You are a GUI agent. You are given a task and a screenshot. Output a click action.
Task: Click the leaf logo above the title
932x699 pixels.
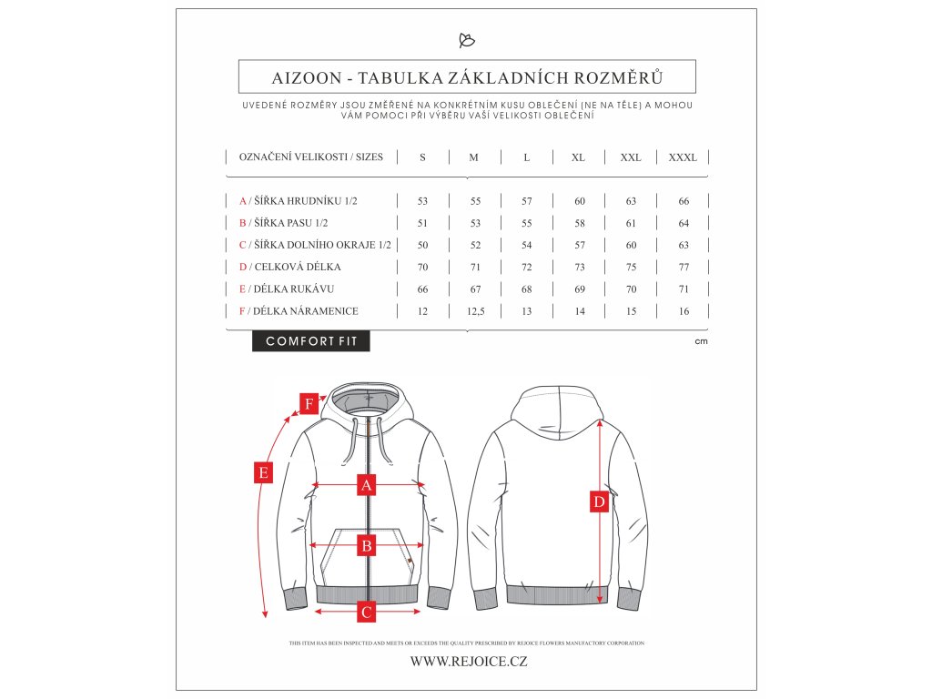tap(466, 40)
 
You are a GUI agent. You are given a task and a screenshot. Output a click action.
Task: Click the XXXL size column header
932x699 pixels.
tap(683, 157)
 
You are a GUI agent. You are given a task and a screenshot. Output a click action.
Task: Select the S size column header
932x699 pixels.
tap(422, 157)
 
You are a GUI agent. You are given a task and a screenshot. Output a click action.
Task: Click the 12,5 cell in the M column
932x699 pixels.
tap(473, 311)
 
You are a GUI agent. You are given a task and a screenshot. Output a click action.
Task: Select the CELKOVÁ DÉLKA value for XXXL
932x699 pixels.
tap(684, 268)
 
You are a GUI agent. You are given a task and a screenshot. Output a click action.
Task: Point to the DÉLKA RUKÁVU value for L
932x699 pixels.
tap(526, 289)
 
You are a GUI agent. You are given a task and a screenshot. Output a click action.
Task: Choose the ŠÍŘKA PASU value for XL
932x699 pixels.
tap(579, 223)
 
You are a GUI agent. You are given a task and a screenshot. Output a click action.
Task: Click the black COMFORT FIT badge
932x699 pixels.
tap(311, 341)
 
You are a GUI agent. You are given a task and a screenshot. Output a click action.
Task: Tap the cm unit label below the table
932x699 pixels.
tap(701, 342)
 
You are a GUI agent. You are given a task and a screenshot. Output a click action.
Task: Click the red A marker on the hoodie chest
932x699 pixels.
tap(366, 485)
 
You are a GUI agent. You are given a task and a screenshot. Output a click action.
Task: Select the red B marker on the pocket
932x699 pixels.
tap(366, 546)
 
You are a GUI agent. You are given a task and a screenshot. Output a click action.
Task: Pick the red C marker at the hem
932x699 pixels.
tap(366, 612)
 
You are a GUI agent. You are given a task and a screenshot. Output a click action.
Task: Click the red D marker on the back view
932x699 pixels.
tap(599, 501)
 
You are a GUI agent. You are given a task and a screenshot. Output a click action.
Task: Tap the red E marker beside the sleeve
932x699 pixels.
tap(262, 472)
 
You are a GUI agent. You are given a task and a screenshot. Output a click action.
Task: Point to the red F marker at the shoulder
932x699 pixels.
tap(309, 402)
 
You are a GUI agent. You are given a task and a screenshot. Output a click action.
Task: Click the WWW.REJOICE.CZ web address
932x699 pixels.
tap(468, 662)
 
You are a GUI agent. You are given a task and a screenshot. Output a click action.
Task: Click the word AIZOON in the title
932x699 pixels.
tap(307, 76)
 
